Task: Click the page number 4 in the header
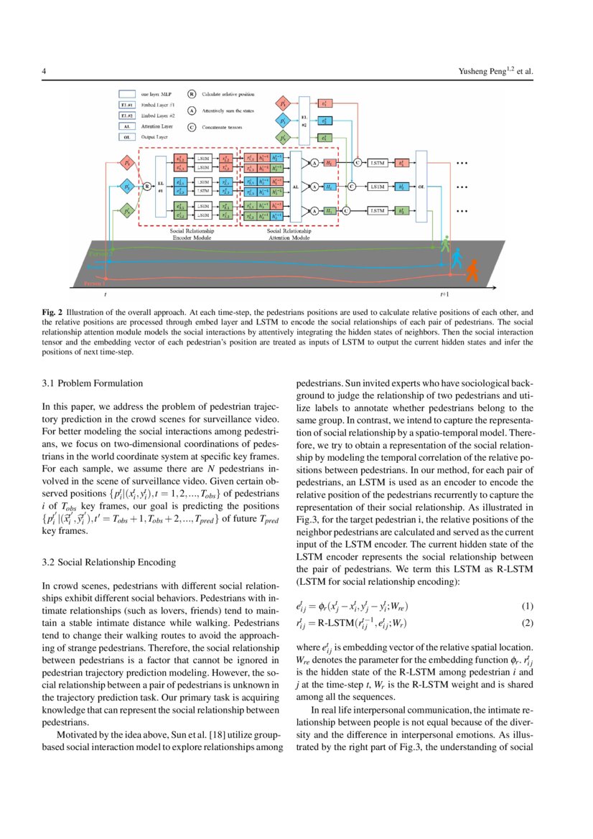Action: [45, 72]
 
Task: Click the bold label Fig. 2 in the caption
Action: [52, 313]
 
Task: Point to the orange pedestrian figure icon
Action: [471, 271]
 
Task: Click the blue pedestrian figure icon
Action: [457, 258]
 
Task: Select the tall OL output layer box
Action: [421, 187]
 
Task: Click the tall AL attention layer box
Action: [296, 187]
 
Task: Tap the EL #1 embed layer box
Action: [159, 187]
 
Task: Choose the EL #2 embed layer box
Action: [304, 119]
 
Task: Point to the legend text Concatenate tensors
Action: [228, 127]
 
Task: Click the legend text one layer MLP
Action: [155, 93]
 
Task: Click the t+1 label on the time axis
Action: [444, 294]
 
